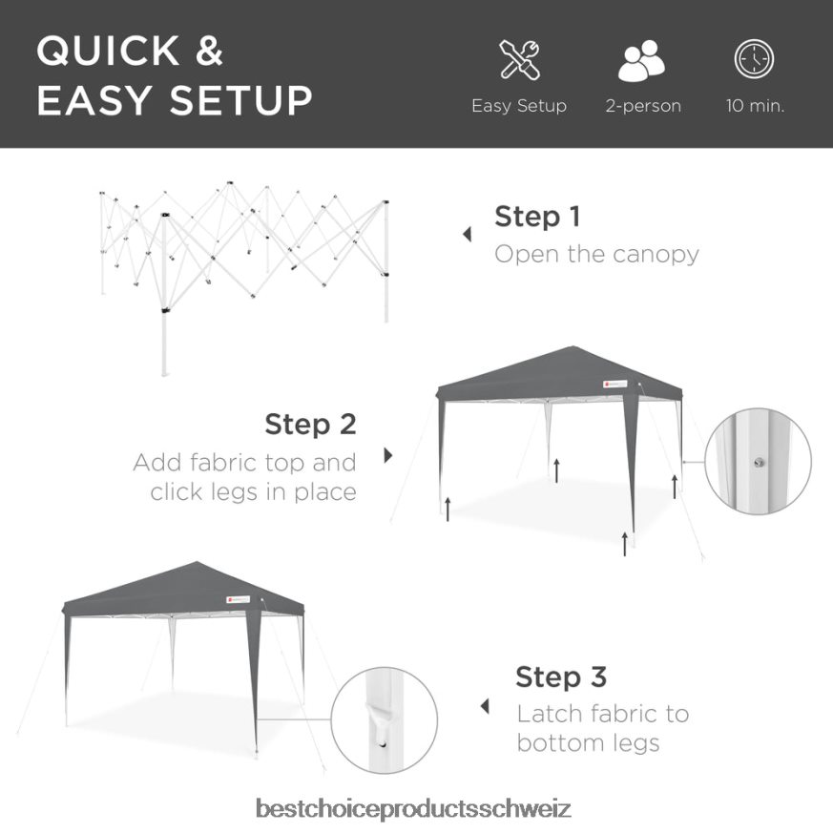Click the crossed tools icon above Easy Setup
pyautogui.click(x=519, y=60)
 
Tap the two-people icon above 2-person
pyautogui.click(x=642, y=61)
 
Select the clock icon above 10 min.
pyautogui.click(x=754, y=60)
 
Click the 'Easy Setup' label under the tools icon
pyautogui.click(x=519, y=106)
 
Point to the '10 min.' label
pyautogui.click(x=755, y=106)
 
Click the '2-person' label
pyautogui.click(x=643, y=106)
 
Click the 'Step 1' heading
pyautogui.click(x=536, y=217)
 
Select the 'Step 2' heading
pyautogui.click(x=310, y=424)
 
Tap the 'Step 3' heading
pyautogui.click(x=560, y=677)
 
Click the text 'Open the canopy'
pyautogui.click(x=596, y=254)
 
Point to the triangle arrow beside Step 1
pyautogui.click(x=467, y=235)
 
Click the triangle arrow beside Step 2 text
pyautogui.click(x=388, y=456)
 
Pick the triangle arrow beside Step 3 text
pyautogui.click(x=485, y=707)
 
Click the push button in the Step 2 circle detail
pyautogui.click(x=758, y=463)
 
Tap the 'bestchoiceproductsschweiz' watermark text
pyautogui.click(x=414, y=809)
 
